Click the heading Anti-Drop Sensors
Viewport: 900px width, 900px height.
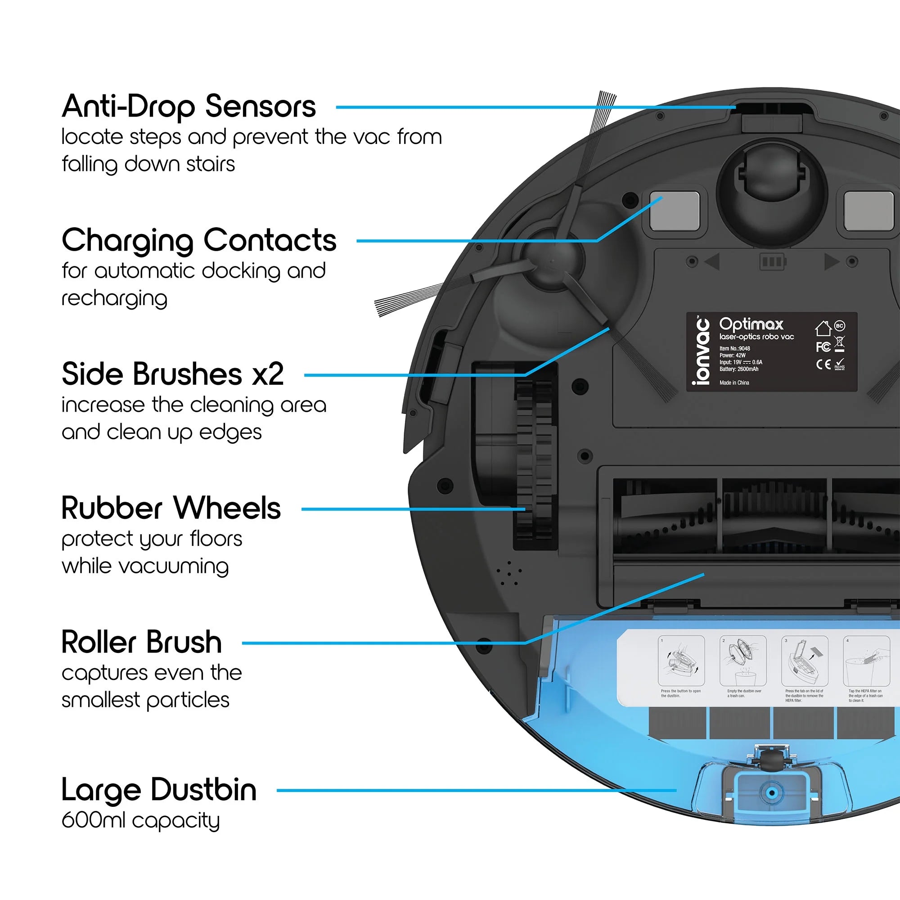[189, 107]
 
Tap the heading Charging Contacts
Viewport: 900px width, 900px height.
[199, 240]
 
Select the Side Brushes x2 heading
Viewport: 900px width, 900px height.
[172, 374]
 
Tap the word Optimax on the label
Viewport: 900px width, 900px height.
[751, 324]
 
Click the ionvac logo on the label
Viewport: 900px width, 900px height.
[701, 351]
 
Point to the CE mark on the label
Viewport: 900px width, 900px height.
[823, 364]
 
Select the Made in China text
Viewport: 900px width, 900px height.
[734, 382]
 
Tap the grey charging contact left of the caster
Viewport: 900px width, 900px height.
[674, 211]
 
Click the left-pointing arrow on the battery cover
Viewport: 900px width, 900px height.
[713, 261]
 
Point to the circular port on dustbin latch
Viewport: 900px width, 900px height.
[771, 792]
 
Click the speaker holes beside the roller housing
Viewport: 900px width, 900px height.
[508, 573]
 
